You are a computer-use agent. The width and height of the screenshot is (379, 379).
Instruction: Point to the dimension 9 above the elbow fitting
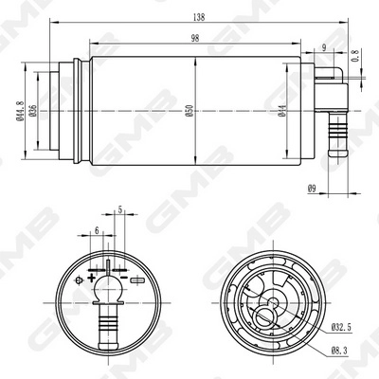[x=324, y=48]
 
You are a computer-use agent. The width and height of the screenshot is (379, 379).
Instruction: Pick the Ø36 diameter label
[x=33, y=113]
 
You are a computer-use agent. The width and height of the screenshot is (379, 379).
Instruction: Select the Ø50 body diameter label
[x=189, y=111]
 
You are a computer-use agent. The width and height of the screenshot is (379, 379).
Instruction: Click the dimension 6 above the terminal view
[x=98, y=230]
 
